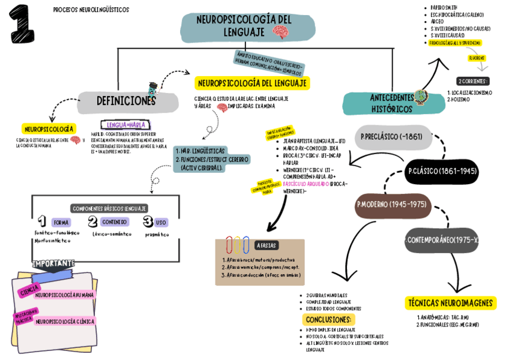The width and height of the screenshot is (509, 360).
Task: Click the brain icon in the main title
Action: (x=280, y=32)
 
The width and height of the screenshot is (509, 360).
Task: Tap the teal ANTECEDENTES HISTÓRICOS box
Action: (x=391, y=103)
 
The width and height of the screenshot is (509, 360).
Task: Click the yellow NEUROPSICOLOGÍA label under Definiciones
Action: (x=49, y=128)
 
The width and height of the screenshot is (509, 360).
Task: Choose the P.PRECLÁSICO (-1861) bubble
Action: (x=391, y=137)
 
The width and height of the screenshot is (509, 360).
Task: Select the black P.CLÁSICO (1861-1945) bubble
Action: (x=443, y=172)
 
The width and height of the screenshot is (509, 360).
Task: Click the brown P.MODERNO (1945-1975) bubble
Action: (x=391, y=205)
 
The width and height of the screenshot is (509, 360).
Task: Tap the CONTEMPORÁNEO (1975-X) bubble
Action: (x=443, y=240)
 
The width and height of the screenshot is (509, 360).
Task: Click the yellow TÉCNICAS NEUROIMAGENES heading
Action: (x=450, y=303)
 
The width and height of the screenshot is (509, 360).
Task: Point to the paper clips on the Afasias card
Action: (x=238, y=245)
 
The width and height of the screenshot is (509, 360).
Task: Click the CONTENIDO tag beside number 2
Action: (x=114, y=222)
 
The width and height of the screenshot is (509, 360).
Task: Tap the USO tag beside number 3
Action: (x=161, y=222)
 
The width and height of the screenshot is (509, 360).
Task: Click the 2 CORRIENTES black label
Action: (x=472, y=81)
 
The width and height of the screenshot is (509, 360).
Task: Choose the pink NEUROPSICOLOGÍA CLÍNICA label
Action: (x=64, y=322)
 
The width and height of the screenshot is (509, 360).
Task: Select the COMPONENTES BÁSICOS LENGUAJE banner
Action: (x=109, y=208)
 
